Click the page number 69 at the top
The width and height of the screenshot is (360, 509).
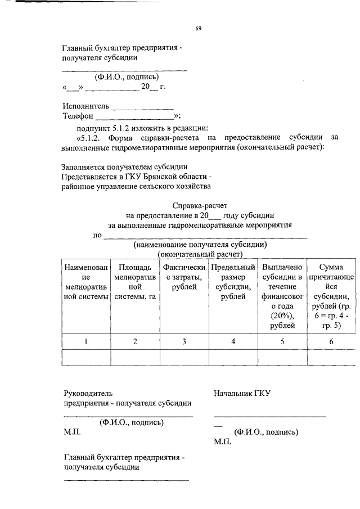(x=198, y=28)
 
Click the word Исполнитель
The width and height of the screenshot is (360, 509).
(x=84, y=106)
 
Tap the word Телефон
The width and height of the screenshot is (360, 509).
(x=78, y=116)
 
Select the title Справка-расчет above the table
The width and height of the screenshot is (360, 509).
(x=200, y=206)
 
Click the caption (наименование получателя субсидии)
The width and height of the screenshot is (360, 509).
(x=200, y=245)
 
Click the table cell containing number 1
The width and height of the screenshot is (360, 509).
(x=86, y=341)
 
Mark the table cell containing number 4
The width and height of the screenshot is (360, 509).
(x=233, y=341)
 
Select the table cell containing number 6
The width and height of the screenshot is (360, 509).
(x=332, y=341)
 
